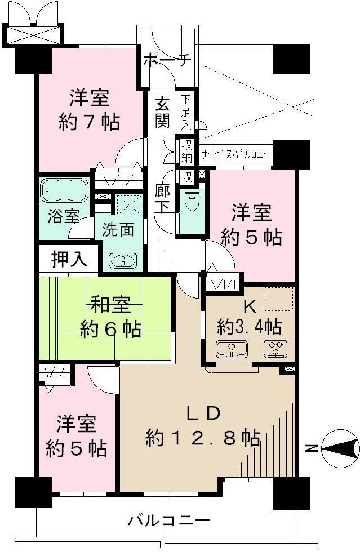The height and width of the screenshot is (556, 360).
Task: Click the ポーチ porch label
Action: coord(167,60)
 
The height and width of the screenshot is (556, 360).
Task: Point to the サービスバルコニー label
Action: coord(234,153)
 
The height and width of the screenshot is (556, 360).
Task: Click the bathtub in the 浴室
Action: coord(64,191)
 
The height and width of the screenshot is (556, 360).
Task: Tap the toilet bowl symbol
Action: coord(192,201)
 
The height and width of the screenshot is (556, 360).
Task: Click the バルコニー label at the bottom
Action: coord(168,519)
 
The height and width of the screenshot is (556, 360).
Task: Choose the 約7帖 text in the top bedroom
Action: coord(91,122)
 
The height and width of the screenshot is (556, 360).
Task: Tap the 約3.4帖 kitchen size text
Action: coord(251,326)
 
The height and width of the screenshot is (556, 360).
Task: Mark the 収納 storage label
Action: coord(186,152)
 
